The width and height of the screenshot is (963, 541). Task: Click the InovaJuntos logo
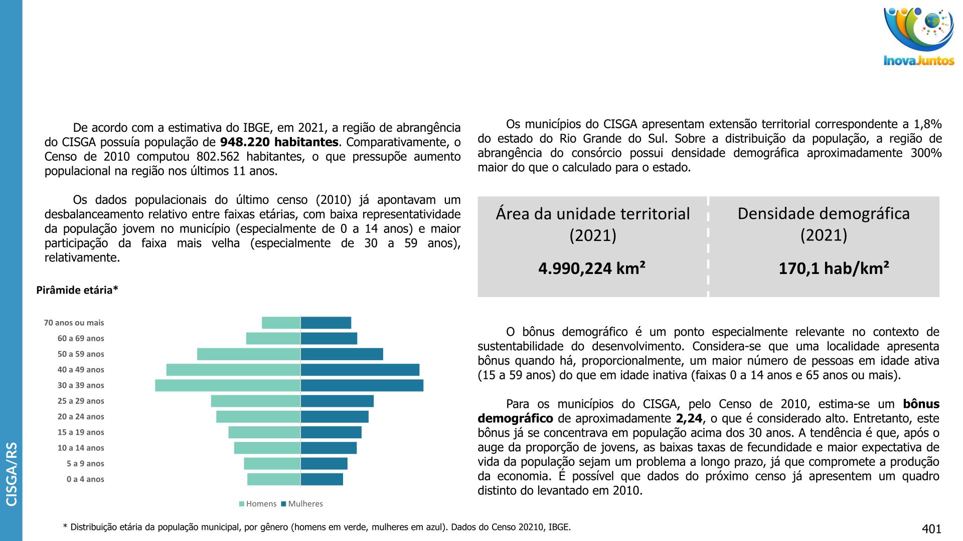point(918,38)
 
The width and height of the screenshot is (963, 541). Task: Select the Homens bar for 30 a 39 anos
point(228,385)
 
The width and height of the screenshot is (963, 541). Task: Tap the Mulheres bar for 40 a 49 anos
point(360,370)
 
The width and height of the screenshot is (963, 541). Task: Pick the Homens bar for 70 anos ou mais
point(281,323)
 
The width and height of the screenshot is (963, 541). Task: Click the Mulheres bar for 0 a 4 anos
point(322,479)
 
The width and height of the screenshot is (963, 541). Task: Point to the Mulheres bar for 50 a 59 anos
point(342,354)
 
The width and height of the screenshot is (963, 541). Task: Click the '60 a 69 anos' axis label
point(81,339)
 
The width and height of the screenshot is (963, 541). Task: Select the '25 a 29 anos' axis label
point(81,401)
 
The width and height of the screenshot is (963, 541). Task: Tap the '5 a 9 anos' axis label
point(85,464)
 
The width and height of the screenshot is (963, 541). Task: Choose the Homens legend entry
point(258,504)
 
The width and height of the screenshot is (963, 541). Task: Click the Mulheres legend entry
point(302,504)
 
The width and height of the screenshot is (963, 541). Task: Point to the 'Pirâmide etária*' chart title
point(77,290)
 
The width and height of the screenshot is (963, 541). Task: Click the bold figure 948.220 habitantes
point(279,142)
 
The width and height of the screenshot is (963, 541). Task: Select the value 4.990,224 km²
point(592,268)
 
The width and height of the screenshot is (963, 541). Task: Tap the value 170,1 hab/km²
point(834,268)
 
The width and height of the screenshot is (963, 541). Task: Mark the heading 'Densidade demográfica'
point(824,214)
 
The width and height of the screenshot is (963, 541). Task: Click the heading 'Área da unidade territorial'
point(593,214)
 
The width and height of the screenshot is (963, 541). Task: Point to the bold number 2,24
point(689,419)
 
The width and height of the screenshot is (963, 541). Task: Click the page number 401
point(931,529)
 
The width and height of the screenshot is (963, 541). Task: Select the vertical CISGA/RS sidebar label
point(11,473)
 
